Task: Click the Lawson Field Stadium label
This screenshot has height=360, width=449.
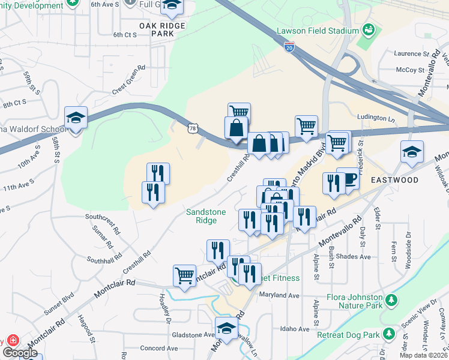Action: click(x=318, y=31)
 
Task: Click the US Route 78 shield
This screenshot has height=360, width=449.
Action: click(x=192, y=128)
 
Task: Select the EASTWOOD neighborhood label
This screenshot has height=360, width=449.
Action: click(x=394, y=179)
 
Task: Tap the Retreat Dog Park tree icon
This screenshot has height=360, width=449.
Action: click(x=389, y=332)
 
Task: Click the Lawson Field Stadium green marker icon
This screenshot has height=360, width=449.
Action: click(x=369, y=29)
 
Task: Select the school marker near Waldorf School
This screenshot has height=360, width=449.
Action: click(x=77, y=118)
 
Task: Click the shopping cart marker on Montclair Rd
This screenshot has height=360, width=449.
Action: click(x=184, y=276)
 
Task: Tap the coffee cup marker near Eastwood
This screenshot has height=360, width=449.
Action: click(x=348, y=178)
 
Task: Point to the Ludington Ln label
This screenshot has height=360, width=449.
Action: click(x=376, y=118)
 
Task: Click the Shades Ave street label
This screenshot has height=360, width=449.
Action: click(x=357, y=256)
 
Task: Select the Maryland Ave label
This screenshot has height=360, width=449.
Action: click(x=279, y=295)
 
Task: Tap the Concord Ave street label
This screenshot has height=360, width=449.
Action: click(x=158, y=348)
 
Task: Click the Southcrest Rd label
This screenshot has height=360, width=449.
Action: click(x=103, y=217)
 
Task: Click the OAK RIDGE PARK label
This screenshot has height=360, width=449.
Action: click(x=162, y=29)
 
